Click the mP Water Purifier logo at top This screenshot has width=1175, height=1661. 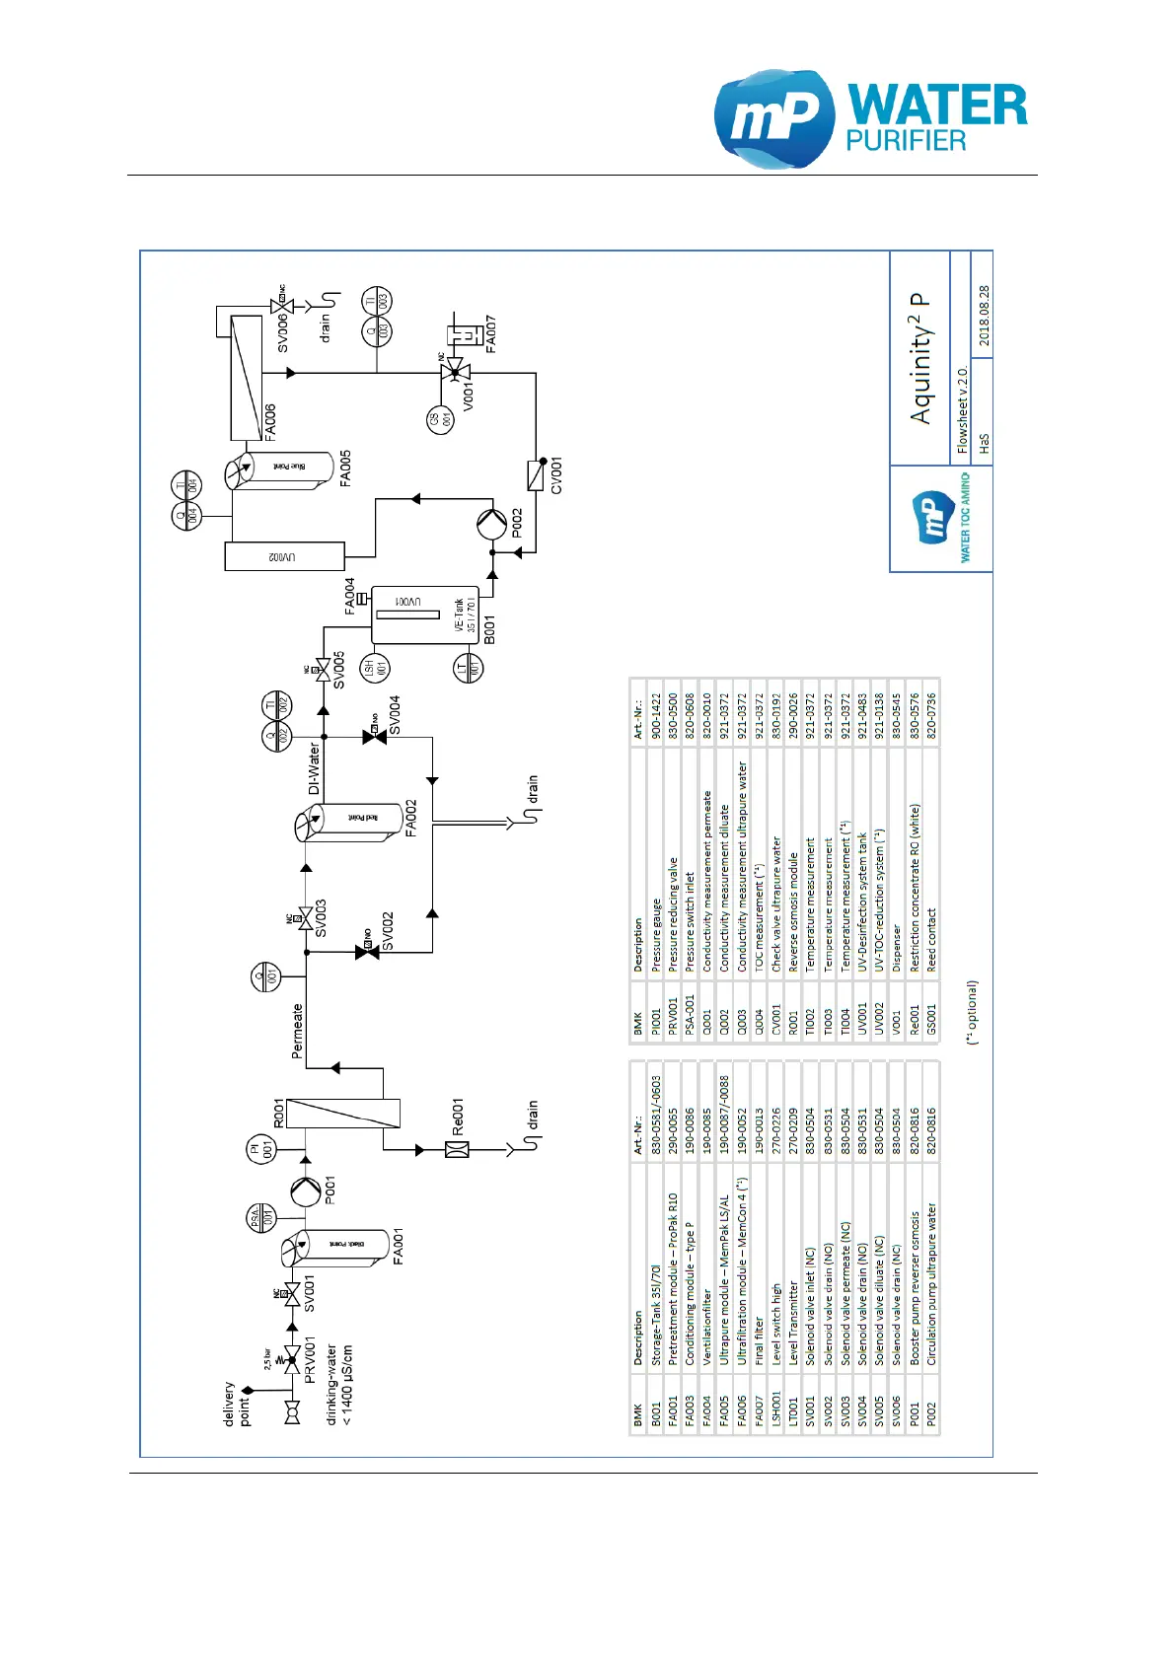pos(869,119)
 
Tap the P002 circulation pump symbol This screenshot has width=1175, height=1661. pos(491,523)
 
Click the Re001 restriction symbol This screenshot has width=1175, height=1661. pos(457,1149)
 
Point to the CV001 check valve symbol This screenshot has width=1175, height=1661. pos(537,474)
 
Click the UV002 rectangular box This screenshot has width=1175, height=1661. pos(285,556)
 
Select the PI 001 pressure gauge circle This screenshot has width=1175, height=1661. pos(260,1150)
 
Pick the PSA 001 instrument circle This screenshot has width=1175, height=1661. pos(260,1217)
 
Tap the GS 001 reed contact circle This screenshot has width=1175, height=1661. pos(441,419)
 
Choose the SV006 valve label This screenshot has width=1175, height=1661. pos(283,333)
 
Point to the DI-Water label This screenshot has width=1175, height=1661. pos(315,768)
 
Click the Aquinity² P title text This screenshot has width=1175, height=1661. pos(920,359)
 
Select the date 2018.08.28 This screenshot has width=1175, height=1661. pos(984,316)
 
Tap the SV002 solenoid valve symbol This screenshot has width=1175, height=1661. pos(367,952)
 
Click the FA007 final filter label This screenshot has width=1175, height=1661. pos(490,334)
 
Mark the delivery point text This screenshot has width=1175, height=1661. pos(237,1404)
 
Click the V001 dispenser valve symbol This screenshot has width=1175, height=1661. pos(455,373)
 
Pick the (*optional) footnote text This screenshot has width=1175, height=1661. pos(973,1012)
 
